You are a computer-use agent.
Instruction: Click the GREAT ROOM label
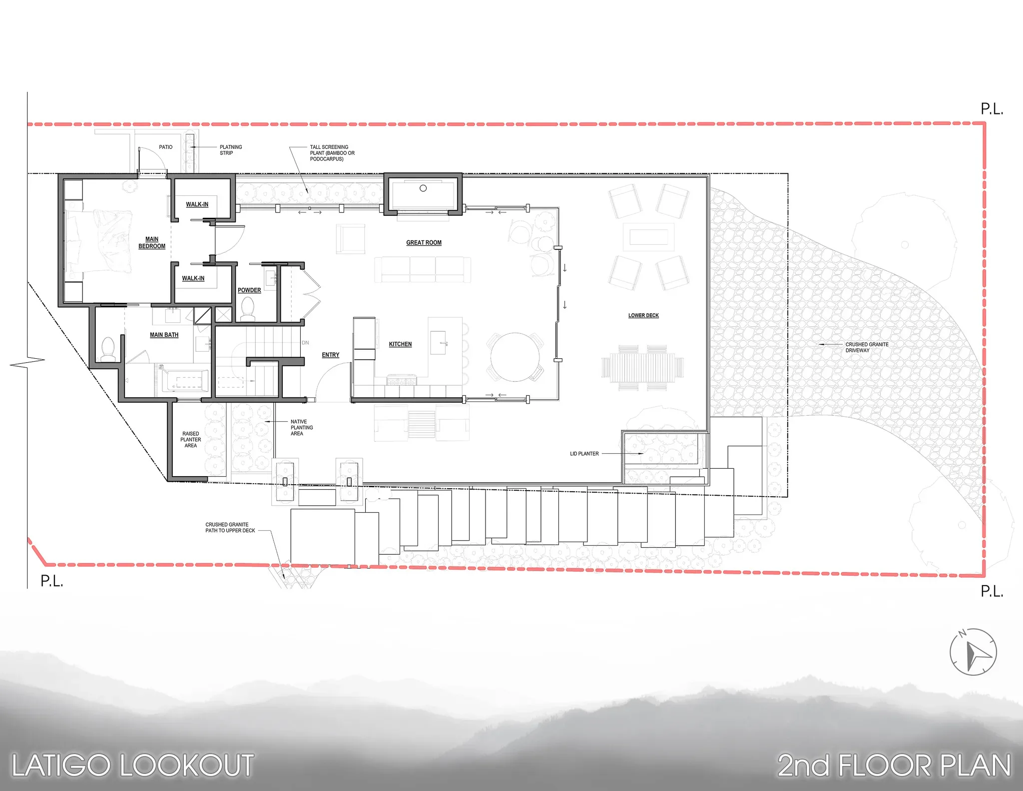(424, 243)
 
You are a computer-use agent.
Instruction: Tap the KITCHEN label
(400, 344)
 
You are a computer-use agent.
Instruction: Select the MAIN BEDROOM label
(152, 243)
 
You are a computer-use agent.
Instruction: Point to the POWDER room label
(249, 290)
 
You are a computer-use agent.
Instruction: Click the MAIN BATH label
(164, 335)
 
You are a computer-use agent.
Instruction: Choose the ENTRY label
(330, 355)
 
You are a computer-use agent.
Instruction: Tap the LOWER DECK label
(643, 315)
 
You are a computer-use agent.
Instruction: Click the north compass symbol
(973, 652)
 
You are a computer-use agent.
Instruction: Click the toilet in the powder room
(248, 309)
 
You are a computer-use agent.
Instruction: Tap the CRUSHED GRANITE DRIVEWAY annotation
(867, 347)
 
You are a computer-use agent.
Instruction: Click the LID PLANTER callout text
(584, 454)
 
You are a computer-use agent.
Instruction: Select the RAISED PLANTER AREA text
(191, 440)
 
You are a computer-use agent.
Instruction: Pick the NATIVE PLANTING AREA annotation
(302, 428)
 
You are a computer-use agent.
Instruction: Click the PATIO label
(165, 147)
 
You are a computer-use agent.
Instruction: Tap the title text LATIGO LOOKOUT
(132, 766)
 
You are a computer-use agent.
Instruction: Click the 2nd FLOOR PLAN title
(894, 766)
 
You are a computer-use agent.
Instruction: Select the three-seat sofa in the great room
(423, 270)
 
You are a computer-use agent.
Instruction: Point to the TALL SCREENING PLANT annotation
(332, 153)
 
